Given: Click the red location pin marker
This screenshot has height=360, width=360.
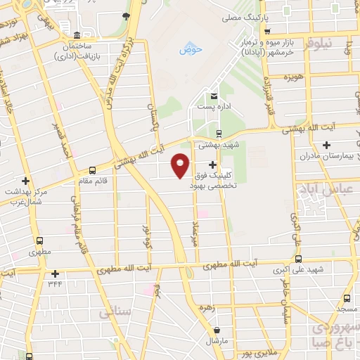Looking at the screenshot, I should coord(180,165).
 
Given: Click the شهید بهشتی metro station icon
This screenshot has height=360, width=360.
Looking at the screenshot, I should coord(218,133).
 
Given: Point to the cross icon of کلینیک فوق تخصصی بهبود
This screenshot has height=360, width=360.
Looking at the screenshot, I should coord(212,165).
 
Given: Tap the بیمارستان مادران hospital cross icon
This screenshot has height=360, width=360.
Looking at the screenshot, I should coord(325,144).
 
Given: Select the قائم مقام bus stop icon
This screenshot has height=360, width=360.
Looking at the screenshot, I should coord(92,170).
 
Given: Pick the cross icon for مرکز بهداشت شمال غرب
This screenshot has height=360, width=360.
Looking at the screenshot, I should coord(25,181).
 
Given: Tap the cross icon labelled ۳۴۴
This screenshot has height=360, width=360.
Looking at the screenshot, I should coord(55,274).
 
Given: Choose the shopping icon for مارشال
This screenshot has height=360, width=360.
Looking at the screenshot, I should coord(216,330).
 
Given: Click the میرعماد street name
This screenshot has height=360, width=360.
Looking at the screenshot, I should coord(194,232).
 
